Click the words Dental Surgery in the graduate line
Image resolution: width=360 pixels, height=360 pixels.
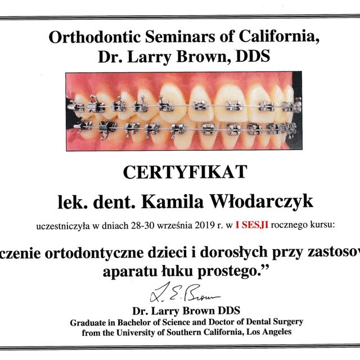[272, 322]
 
